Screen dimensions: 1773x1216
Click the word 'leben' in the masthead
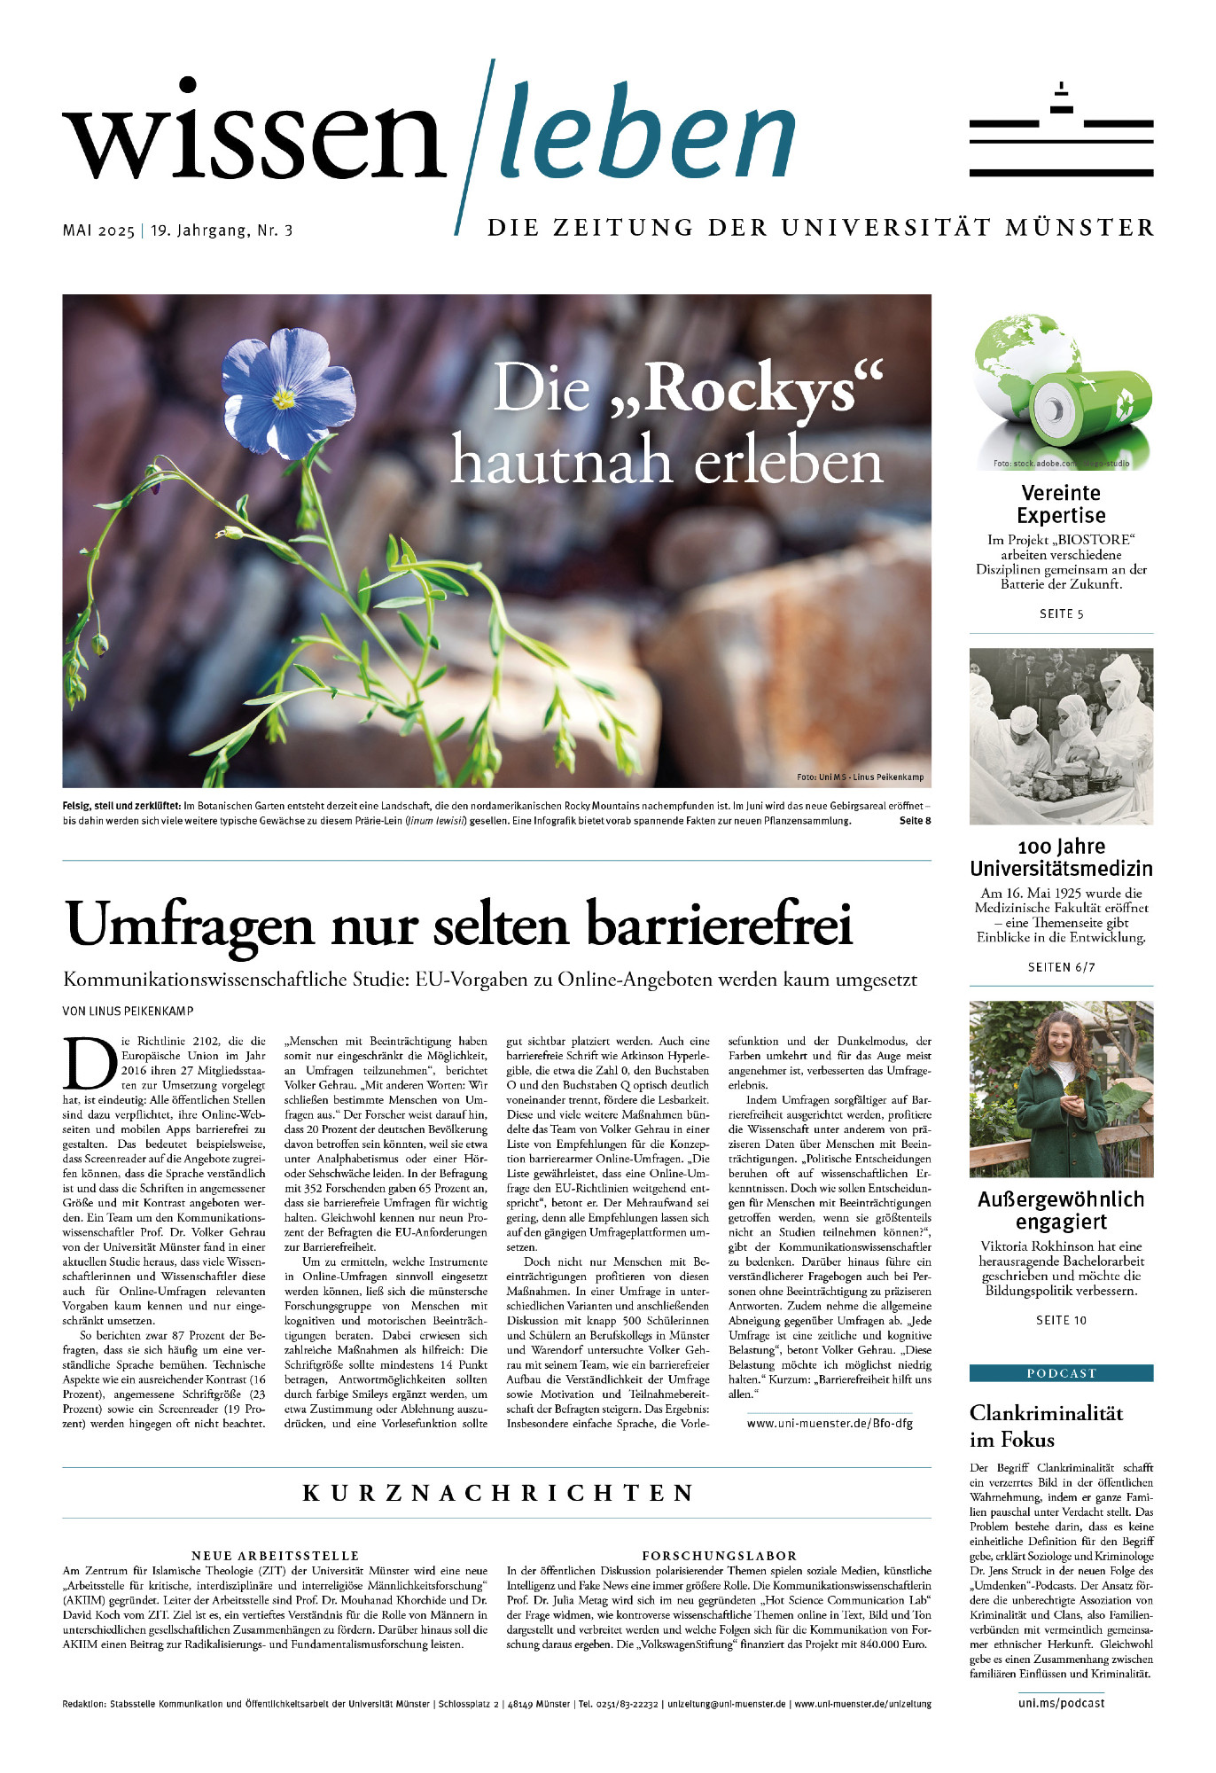[x=647, y=133]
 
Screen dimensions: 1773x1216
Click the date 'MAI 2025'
[x=98, y=230]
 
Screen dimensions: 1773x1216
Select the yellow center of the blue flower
[x=284, y=399]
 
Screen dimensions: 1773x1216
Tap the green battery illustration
[x=1092, y=408]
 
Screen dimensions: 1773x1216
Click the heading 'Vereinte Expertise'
[x=1061, y=504]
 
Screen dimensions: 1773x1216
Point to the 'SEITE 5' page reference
[x=1061, y=613]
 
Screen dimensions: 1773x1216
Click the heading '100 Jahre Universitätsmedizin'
[x=1061, y=857]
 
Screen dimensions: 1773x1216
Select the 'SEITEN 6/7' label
[x=1061, y=967]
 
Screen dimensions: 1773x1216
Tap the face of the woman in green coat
[x=1061, y=1036]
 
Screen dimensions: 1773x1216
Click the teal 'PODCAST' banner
[x=1061, y=1373]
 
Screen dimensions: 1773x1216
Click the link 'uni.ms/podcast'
[x=1061, y=1703]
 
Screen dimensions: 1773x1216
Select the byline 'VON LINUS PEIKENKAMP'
[x=128, y=1011]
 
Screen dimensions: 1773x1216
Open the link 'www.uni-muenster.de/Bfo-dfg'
[x=829, y=1424]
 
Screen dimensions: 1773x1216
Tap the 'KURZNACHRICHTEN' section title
[x=497, y=1493]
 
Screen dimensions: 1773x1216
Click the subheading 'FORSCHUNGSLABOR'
[x=719, y=1555]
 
